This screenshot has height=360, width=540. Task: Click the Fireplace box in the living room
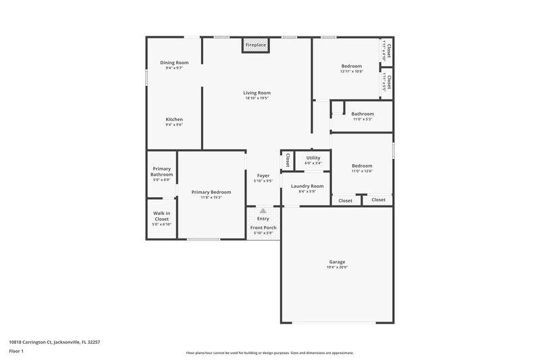coord(256,45)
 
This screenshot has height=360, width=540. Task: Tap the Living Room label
coord(256,93)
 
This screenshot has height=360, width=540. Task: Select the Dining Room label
coord(174,63)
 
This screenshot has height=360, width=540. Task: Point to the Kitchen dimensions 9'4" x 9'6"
coord(174,125)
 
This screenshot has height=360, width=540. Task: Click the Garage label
coord(337,261)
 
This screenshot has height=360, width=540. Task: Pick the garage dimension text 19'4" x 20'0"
coord(337,267)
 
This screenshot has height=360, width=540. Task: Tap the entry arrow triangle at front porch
coord(263,211)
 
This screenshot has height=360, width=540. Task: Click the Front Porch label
coord(263,228)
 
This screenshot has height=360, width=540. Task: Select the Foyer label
coord(263,176)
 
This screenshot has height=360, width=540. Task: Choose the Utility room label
coord(313,157)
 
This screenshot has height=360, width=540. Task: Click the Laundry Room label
coord(307,186)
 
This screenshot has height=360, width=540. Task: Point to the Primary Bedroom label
coord(211,192)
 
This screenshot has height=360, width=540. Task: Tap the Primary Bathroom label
coord(162,172)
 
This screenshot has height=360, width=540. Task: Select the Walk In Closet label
coord(162,216)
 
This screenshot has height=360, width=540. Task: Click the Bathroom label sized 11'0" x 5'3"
coord(362,113)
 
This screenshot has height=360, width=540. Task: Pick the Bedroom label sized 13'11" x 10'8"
coord(352,66)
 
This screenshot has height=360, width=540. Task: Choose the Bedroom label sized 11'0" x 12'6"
coord(362,165)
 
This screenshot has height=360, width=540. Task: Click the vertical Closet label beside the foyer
coord(288,161)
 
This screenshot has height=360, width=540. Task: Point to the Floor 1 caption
coord(16,352)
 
